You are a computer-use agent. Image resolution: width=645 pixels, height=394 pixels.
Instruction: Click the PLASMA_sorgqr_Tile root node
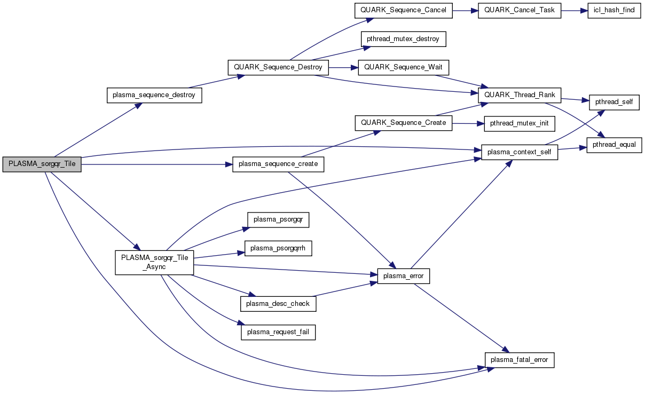(x=42, y=164)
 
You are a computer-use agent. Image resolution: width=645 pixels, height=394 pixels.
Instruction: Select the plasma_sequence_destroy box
(x=154, y=96)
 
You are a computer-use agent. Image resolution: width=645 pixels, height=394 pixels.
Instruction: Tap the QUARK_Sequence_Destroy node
(x=278, y=68)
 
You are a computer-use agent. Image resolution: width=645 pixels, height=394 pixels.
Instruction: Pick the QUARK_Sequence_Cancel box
(x=403, y=11)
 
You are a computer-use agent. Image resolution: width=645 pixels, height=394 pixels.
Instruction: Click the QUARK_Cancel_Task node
(x=520, y=11)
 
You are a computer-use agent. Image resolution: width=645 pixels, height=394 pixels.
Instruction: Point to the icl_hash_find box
(x=613, y=11)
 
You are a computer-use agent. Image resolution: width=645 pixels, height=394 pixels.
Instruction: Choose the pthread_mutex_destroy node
(x=403, y=39)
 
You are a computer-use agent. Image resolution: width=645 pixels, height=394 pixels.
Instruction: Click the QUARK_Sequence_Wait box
(x=404, y=67)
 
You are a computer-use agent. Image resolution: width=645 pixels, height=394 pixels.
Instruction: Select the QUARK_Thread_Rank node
(x=520, y=95)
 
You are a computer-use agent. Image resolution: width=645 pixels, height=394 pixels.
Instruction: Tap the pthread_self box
(x=614, y=101)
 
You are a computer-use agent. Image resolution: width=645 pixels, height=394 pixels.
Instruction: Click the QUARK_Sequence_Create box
(x=403, y=123)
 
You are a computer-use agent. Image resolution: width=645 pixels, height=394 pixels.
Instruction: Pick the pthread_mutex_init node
(x=520, y=123)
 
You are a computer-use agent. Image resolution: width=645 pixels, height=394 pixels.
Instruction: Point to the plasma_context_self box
(x=520, y=153)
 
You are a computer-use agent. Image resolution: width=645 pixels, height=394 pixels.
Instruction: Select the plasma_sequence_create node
(x=279, y=164)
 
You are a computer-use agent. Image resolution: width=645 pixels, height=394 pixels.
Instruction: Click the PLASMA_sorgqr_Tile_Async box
(x=154, y=262)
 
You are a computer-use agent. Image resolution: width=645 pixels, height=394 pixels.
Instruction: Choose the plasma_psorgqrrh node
(x=278, y=248)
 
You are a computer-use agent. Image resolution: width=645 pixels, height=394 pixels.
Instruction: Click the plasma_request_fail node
(x=278, y=332)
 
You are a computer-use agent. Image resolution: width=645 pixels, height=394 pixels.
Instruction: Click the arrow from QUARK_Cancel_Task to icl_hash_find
(x=574, y=11)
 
